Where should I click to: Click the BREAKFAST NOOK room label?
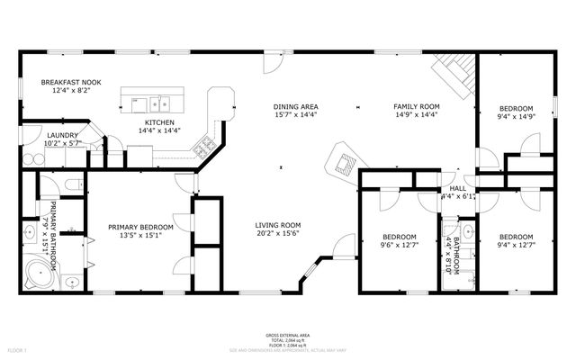click(x=70, y=83)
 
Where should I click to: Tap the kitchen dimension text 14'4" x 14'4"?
click(x=159, y=130)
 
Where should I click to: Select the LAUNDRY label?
click(x=63, y=135)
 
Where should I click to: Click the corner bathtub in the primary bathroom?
click(x=38, y=271)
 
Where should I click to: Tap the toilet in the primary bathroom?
click(x=73, y=184)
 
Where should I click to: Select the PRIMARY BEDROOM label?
click(x=140, y=227)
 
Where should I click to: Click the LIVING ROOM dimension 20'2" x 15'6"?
click(x=277, y=233)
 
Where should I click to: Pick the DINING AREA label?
click(x=296, y=107)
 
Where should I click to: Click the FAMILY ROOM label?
click(x=417, y=107)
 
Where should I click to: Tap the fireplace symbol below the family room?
click(x=343, y=163)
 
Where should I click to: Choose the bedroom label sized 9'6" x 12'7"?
click(x=399, y=237)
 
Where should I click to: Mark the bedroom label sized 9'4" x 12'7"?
click(x=517, y=237)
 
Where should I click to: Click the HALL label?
click(x=457, y=187)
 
